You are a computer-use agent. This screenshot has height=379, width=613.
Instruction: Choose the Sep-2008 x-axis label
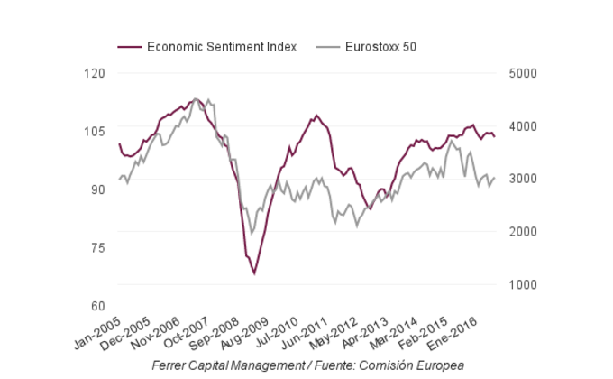[x=215, y=336]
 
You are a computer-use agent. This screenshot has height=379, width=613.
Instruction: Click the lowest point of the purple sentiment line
[x=255, y=273]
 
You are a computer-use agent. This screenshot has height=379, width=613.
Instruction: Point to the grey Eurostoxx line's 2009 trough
[x=252, y=233]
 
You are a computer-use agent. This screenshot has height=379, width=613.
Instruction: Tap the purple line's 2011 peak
[x=316, y=116]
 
